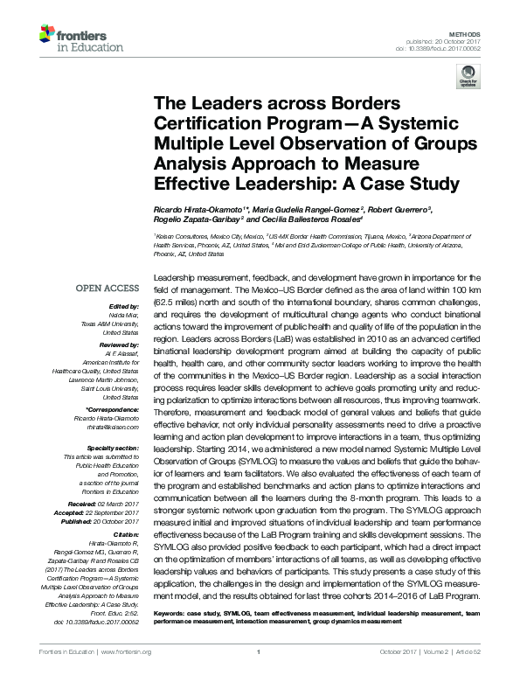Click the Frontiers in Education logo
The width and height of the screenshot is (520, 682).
[x=73, y=38]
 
